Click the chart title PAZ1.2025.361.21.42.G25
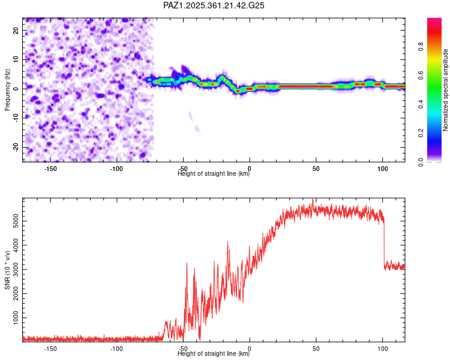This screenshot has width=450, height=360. (214, 5)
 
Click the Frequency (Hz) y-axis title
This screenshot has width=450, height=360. (7, 90)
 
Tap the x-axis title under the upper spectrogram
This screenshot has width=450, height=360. (214, 174)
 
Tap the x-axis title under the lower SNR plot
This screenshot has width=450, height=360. (214, 354)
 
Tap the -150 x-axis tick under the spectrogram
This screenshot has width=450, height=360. (50, 169)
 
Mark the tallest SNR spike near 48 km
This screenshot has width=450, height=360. (313, 200)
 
